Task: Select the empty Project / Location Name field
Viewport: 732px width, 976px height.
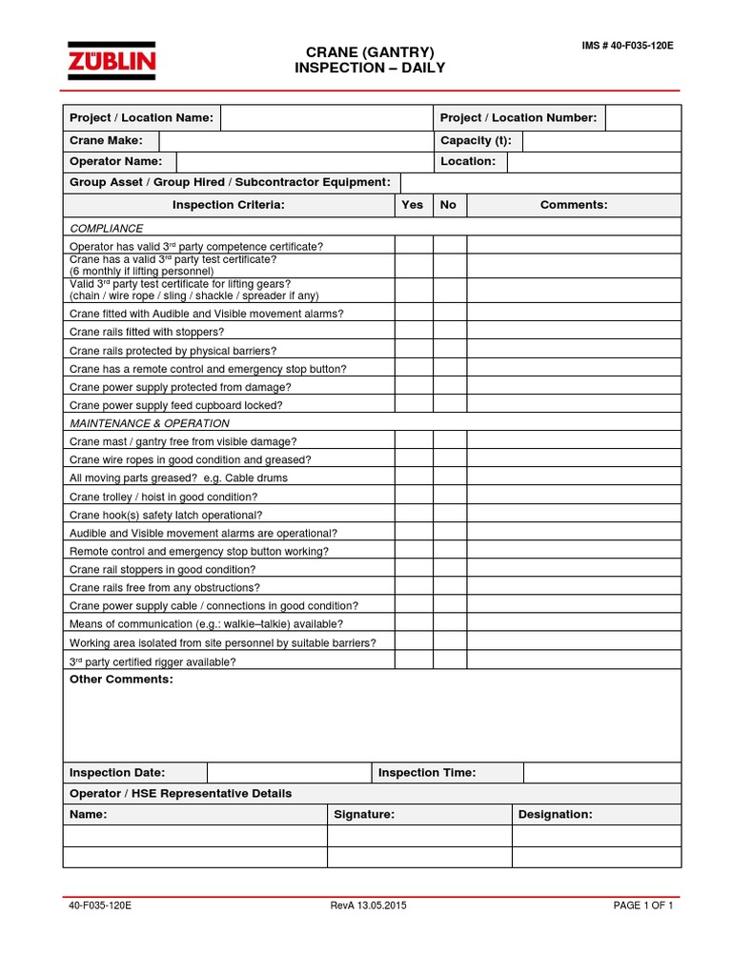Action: [x=326, y=117]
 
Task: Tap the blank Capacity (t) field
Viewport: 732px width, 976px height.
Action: [x=600, y=141]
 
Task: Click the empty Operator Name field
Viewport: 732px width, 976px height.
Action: [x=303, y=162]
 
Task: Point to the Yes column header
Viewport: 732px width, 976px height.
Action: [x=413, y=205]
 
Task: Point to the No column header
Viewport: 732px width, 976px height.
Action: [x=449, y=205]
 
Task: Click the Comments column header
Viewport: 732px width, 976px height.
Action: [x=574, y=205]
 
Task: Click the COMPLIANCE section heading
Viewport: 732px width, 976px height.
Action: [x=107, y=229]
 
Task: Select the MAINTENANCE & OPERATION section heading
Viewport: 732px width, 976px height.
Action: [x=150, y=423]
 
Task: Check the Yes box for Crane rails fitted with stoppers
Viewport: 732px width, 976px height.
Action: [x=414, y=332]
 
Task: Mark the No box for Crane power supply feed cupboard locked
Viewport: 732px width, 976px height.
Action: [x=449, y=405]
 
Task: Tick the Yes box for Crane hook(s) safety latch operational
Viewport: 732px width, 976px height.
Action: [x=414, y=515]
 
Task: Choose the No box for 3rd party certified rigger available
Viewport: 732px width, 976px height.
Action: [x=449, y=661]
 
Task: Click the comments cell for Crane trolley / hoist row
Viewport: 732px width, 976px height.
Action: [x=574, y=497]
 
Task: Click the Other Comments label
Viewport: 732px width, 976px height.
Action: [x=121, y=680]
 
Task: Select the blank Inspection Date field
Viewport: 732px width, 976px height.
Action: [x=288, y=772]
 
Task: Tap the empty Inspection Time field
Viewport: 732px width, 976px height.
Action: [x=601, y=772]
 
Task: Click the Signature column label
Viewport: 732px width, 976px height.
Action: [x=364, y=815]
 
